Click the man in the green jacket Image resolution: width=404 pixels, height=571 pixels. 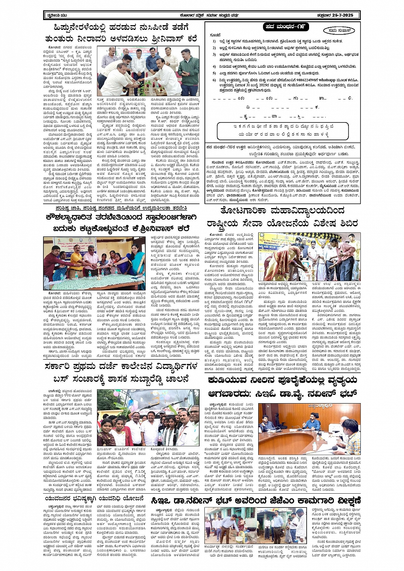coord(188,70)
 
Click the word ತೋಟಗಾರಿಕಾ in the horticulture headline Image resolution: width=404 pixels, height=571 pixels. coord(244,211)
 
